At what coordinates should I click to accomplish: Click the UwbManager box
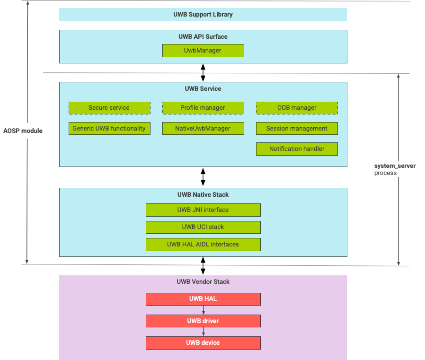tap(203, 50)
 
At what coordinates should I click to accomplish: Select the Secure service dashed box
tap(109, 108)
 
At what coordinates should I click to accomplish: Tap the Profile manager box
tap(203, 108)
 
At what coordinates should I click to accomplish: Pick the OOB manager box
tap(297, 108)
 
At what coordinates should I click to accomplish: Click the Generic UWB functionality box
tap(109, 128)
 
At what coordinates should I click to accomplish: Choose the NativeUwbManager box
tap(203, 128)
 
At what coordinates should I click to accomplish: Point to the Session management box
tap(297, 128)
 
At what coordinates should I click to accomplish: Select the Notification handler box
tap(297, 149)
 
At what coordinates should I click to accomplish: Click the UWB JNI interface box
tap(203, 210)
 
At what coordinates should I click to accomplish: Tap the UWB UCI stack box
tap(203, 227)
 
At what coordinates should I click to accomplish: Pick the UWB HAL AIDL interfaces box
tap(203, 245)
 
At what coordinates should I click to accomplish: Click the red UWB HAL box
tap(203, 299)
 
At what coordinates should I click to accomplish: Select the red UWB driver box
tap(203, 321)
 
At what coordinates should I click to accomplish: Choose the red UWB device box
tap(203, 342)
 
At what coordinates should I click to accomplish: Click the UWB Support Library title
tap(203, 14)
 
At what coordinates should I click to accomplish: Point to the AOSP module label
tap(23, 131)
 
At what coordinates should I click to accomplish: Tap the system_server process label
tap(395, 169)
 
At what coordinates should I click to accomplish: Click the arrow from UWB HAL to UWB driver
tap(203, 310)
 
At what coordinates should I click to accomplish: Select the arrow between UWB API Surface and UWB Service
tap(203, 72)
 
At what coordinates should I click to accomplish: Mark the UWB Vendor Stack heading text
tap(203, 281)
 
